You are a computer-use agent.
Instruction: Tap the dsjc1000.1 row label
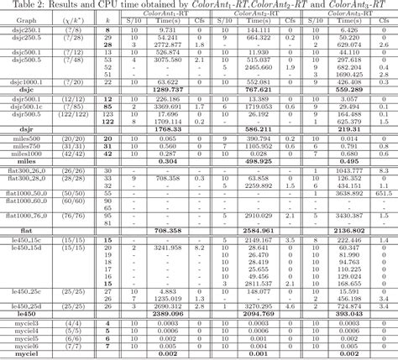(x=24, y=82)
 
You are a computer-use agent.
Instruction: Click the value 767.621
(x=259, y=90)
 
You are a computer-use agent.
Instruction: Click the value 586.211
(x=259, y=128)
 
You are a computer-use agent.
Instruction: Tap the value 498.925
(x=259, y=161)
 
